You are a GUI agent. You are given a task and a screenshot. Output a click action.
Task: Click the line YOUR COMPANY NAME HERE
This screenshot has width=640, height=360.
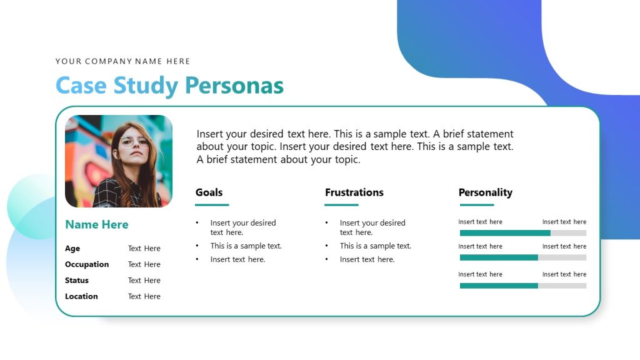[x=122, y=61]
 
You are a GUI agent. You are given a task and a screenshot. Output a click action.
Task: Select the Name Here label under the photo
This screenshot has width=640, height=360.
[x=97, y=224]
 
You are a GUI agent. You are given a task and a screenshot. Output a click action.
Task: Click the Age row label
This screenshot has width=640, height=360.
[x=72, y=248]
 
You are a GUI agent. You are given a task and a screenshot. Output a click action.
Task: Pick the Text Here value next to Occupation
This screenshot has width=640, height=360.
[x=144, y=264]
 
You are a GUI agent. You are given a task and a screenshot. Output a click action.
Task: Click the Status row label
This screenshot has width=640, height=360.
[x=77, y=281]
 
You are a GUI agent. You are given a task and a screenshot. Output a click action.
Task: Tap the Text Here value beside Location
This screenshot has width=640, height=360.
[x=144, y=296]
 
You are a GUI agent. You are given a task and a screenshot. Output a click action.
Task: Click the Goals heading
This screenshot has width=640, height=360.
[x=209, y=192]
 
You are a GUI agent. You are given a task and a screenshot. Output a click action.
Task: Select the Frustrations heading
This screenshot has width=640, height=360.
[x=354, y=192]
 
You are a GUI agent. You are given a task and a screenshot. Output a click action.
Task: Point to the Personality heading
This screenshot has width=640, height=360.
[x=486, y=192]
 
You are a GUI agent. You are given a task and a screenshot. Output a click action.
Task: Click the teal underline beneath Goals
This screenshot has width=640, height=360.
[x=212, y=205]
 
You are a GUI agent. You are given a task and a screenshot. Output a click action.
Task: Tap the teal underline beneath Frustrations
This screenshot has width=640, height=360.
[x=341, y=205]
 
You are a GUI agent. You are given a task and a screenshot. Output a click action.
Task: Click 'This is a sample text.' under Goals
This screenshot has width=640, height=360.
[x=246, y=246]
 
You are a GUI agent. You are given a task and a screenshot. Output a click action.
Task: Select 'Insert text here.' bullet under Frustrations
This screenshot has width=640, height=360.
[x=367, y=259]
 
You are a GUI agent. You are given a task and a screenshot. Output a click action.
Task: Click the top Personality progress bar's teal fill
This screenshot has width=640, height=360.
[x=505, y=232]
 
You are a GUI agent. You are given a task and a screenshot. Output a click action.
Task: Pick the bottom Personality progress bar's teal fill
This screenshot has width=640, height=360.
[x=499, y=286]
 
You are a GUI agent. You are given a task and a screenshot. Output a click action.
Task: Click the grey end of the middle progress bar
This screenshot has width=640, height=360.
[x=562, y=257]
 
